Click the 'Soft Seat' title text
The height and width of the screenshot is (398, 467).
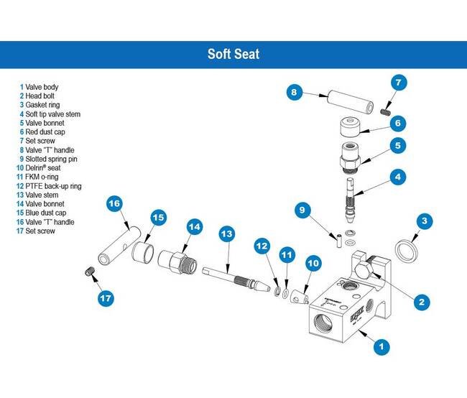pyautogui.click(x=233, y=54)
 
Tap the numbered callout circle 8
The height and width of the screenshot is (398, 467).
pyautogui.click(x=295, y=92)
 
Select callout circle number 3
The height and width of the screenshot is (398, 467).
pyautogui.click(x=426, y=221)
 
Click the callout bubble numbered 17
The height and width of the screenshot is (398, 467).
pyautogui.click(x=106, y=297)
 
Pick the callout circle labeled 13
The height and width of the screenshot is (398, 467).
pyautogui.click(x=227, y=233)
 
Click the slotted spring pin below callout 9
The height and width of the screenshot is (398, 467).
pyautogui.click(x=338, y=239)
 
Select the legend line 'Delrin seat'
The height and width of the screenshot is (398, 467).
pyautogui.click(x=45, y=167)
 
